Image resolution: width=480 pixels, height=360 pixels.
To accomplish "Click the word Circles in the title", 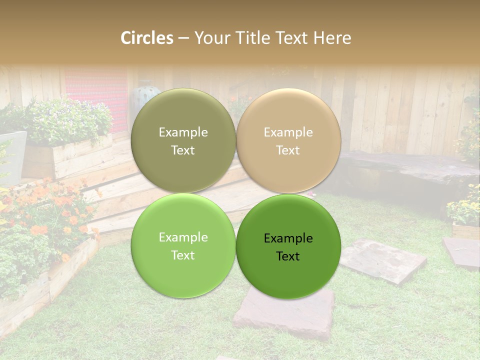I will [146, 38].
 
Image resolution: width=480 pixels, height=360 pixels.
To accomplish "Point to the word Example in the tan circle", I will [288, 132].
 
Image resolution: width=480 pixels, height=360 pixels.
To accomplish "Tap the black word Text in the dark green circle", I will [288, 256].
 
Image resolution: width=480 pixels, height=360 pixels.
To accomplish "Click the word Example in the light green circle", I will [183, 237].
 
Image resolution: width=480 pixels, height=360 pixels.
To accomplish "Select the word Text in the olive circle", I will [183, 150].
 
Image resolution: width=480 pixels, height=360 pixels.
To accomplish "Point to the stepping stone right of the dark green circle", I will [382, 260].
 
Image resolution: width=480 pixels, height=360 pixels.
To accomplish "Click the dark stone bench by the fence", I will [405, 170].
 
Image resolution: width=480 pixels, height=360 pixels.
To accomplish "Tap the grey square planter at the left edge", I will [12, 155].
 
